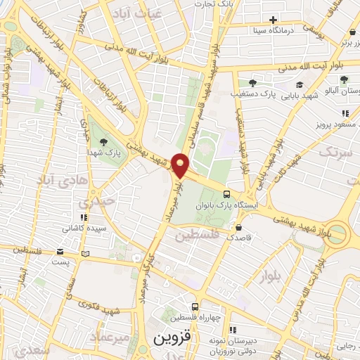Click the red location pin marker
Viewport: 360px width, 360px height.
coord(181,165)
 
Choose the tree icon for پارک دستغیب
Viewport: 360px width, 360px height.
coord(252,82)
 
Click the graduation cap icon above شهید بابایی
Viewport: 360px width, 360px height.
coord(299,84)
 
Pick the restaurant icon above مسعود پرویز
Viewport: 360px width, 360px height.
coord(345,112)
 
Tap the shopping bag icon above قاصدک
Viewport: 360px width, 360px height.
coord(240,227)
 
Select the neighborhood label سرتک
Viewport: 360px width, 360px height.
coord(335,152)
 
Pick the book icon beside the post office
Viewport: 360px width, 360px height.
coord(86,253)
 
